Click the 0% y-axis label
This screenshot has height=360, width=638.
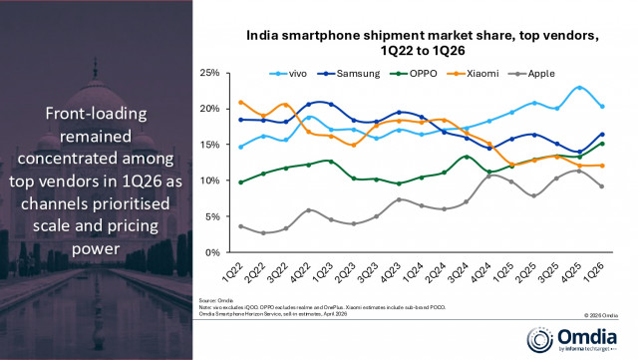click(211, 252)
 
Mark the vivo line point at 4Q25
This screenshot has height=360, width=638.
click(581, 88)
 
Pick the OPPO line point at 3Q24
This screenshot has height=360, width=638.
click(466, 157)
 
